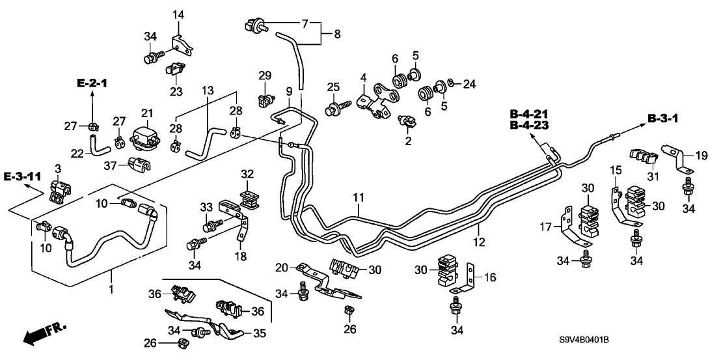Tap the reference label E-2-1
92,84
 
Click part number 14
178,15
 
